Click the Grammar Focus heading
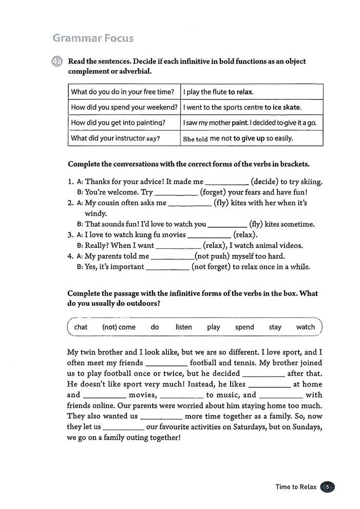coord(93,38)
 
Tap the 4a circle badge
coord(57,62)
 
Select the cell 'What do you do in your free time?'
coord(123,92)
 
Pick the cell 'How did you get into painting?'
coord(118,123)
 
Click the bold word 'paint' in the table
coord(239,123)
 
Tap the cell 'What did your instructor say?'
coord(116,138)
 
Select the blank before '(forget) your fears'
coord(176,193)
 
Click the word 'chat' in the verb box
coord(81,327)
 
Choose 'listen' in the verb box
coord(183,327)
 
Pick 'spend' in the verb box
coord(244,327)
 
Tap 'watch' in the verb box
coord(306,327)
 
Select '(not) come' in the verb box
coord(119,327)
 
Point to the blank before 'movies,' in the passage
coord(104,395)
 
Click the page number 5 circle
coord(327,487)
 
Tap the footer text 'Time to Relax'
coord(295,487)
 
